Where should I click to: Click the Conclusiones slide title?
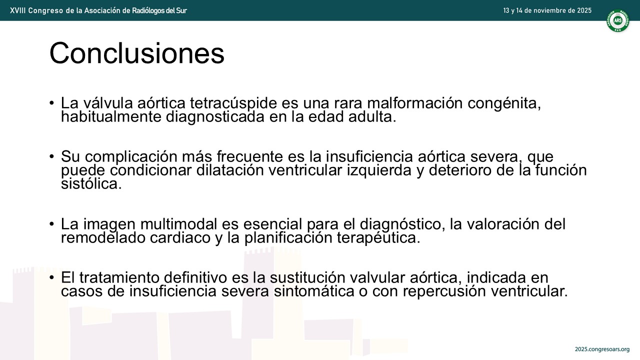137,53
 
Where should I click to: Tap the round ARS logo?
618,20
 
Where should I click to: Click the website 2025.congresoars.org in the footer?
602,349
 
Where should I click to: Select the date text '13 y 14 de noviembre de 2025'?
547,10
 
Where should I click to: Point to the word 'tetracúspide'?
233,103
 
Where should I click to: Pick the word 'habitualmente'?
111,116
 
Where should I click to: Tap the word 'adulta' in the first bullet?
372,116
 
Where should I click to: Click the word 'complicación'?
131,156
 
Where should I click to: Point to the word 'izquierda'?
379,170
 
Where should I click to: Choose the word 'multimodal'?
179,224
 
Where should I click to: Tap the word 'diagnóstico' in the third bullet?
402,224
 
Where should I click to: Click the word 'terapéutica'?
378,237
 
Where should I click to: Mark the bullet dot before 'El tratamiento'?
51,277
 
